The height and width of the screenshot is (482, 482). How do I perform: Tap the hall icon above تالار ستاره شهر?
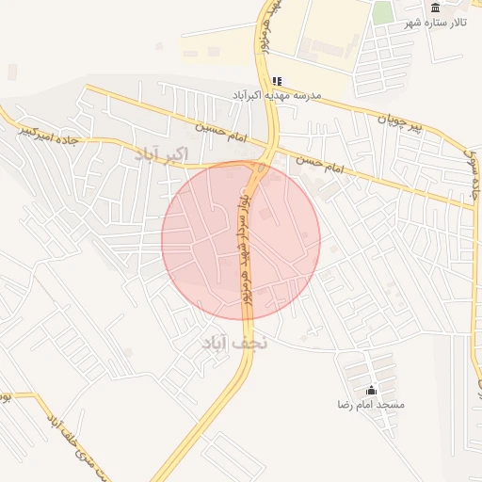[435, 8]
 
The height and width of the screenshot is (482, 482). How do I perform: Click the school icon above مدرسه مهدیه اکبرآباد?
[276, 82]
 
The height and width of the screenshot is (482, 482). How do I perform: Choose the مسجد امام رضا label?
[371, 404]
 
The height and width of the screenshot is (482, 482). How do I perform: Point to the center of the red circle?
[241, 240]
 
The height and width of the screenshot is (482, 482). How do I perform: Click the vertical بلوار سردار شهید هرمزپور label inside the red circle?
[244, 235]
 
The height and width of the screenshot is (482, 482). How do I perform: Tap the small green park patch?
[381, 13]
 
